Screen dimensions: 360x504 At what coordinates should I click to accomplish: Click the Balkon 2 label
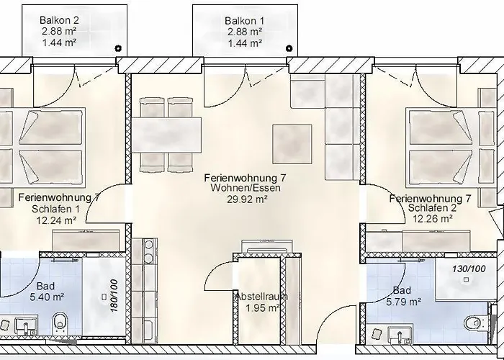click(60, 20)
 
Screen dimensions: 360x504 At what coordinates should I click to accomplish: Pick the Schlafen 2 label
click(430, 208)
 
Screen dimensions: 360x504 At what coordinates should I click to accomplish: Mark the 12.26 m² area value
click(430, 219)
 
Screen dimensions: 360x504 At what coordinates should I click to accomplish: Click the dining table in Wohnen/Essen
click(168, 135)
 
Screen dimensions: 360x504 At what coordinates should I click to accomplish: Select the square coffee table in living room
click(292, 144)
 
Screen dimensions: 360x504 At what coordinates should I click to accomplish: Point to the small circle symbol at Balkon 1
click(289, 48)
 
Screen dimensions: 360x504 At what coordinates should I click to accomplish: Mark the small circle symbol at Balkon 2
click(119, 48)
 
